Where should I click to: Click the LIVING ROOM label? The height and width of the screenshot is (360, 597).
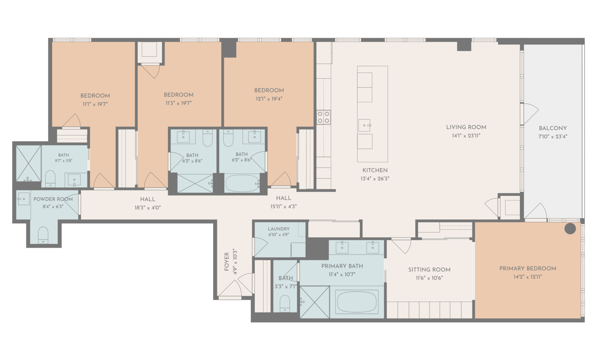[x=466, y=127]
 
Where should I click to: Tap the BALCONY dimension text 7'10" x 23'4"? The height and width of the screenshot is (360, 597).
[x=553, y=136]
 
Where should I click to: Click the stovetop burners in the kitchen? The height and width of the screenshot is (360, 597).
[x=323, y=117]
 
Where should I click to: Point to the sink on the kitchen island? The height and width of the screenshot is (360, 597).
[x=365, y=126]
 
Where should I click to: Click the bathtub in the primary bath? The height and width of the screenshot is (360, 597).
[x=357, y=301]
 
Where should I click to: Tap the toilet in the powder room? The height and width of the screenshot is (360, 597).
[x=43, y=235]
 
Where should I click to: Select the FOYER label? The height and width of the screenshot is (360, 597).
[x=227, y=262]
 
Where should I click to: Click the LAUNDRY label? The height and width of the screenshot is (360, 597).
[x=279, y=229]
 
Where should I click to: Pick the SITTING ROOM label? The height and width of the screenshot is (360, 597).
[x=429, y=269]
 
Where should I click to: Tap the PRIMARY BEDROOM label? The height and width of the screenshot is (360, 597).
[x=528, y=268]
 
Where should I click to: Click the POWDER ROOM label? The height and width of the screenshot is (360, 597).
[x=53, y=199]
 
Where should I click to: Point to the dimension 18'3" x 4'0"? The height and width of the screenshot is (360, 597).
[x=147, y=208]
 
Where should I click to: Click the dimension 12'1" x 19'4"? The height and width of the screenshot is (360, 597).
[x=269, y=99]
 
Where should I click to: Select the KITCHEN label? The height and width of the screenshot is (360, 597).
[x=375, y=170]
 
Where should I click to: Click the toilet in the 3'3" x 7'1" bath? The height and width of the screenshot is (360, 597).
[x=285, y=303]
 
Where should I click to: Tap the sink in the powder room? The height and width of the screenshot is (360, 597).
[x=24, y=199]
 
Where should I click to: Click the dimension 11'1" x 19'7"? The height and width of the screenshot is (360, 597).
[x=95, y=104]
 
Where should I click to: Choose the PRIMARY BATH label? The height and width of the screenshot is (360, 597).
[x=342, y=266]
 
